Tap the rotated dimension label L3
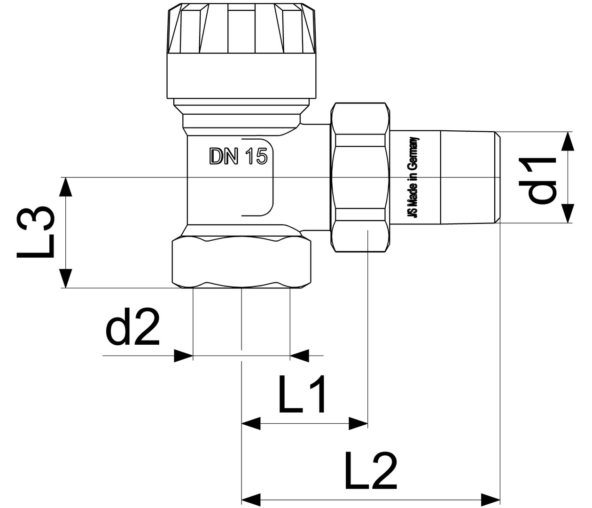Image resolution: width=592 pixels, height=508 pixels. [36, 232]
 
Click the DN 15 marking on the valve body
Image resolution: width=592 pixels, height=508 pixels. [238, 157]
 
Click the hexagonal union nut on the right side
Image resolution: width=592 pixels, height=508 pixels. [360, 178]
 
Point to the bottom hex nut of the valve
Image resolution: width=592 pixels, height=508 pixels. [241, 262]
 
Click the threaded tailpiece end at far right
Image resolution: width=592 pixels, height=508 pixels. [470, 177]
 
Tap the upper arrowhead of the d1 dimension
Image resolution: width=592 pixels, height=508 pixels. [568, 142]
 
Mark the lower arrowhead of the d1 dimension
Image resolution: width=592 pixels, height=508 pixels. [568, 213]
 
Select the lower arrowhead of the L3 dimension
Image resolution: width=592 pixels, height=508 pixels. [66, 278]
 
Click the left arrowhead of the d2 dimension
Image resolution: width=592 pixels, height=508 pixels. [183, 356]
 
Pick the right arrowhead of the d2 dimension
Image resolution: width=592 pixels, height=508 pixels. [300, 356]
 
